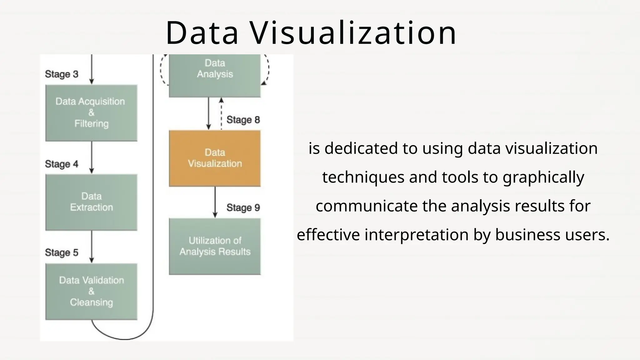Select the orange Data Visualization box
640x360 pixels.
(x=215, y=158)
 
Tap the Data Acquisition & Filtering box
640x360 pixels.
(x=91, y=112)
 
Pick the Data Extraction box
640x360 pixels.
(x=91, y=202)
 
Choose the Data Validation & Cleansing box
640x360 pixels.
(x=91, y=291)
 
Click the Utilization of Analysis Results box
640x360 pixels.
(x=215, y=246)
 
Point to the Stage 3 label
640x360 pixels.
(x=62, y=74)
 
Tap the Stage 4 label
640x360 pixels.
(x=62, y=164)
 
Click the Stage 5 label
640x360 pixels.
(x=62, y=252)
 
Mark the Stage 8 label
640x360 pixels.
(x=243, y=120)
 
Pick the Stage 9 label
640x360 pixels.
(x=243, y=207)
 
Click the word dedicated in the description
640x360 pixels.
(x=361, y=148)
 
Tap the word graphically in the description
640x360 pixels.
(x=543, y=177)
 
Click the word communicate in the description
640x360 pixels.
(x=366, y=206)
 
